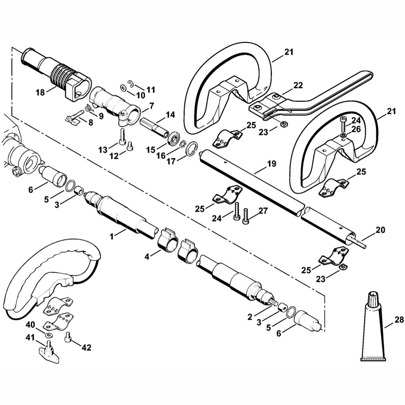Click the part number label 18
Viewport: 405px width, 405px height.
coord(40,92)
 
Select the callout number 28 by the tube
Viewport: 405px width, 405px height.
coord(399,320)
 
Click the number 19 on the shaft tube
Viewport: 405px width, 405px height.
coord(271,164)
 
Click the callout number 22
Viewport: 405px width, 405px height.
coord(298,85)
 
